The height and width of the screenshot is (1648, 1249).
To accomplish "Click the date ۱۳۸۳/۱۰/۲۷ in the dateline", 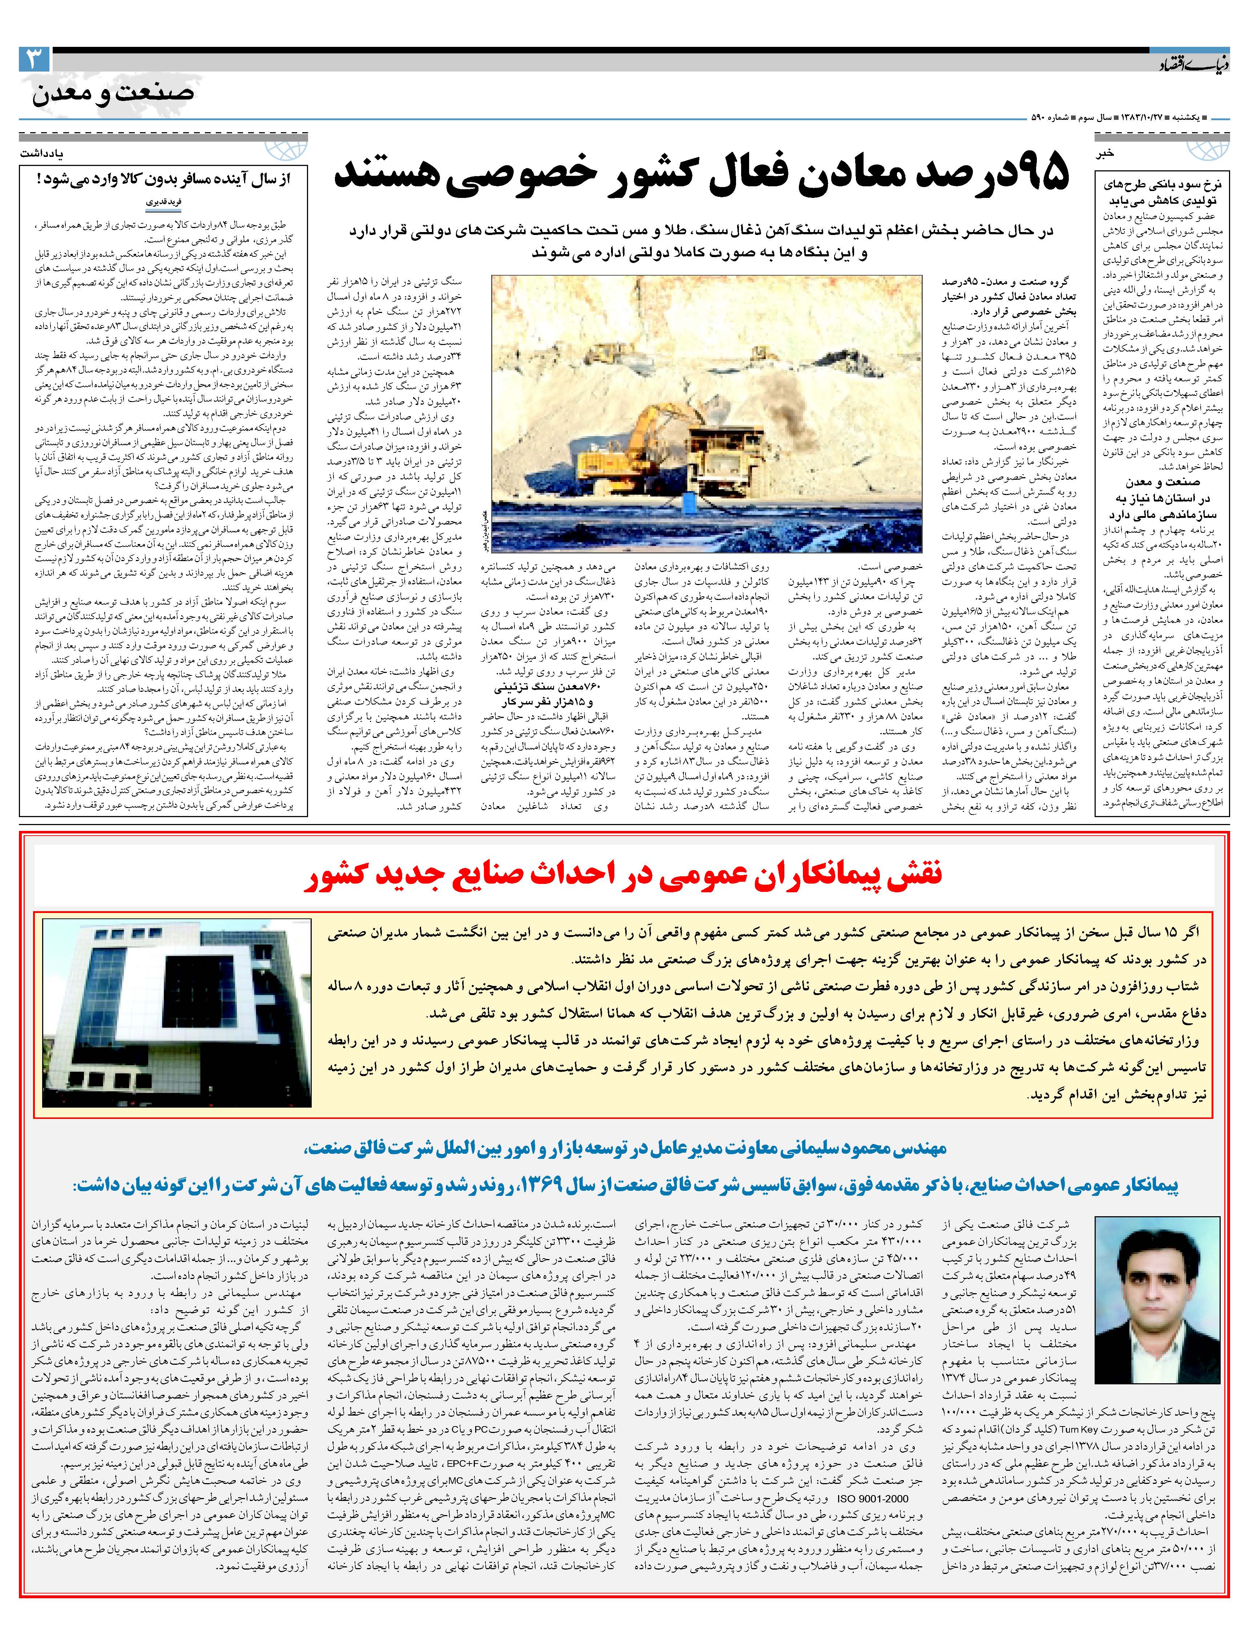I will point(1136,118).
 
